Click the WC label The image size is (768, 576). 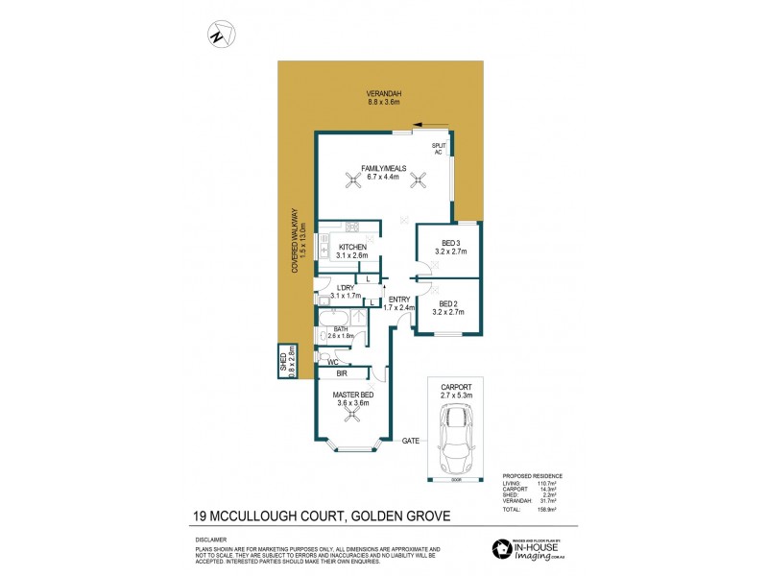(x=333, y=362)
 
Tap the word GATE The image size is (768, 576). (x=410, y=440)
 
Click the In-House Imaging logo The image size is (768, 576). (x=534, y=547)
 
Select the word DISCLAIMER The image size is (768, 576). (x=201, y=540)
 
